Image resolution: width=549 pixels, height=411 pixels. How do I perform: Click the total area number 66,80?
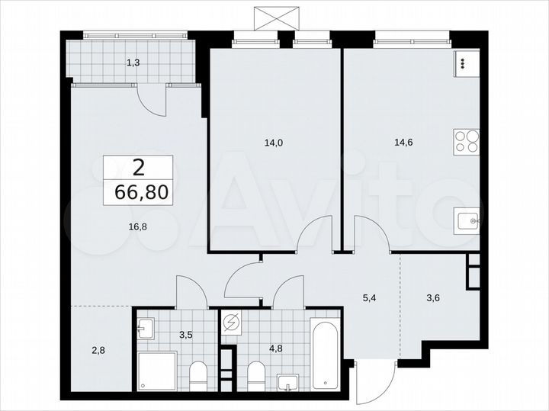138,191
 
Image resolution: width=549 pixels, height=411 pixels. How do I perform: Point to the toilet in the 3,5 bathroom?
197,374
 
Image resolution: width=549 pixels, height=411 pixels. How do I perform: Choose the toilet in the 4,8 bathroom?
256,374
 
